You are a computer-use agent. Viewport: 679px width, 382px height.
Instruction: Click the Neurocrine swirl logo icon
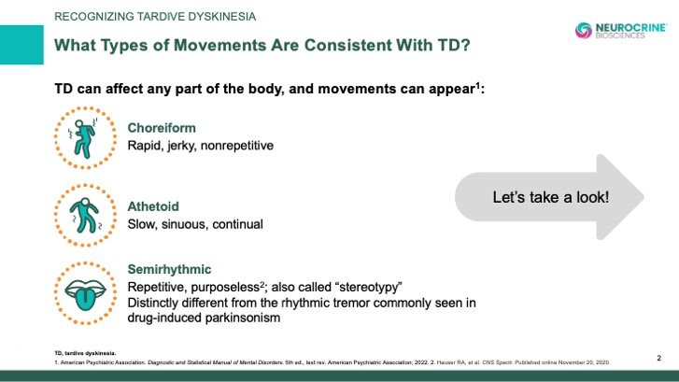click(x=584, y=30)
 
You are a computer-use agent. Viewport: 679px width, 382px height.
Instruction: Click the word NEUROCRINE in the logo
click(x=631, y=27)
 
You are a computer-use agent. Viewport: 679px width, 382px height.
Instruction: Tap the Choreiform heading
click(x=162, y=128)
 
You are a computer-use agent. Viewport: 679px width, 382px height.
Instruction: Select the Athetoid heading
click(x=153, y=206)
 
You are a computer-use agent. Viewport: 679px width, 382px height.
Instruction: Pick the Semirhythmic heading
click(x=169, y=269)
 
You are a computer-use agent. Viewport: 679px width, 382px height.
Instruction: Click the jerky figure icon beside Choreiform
click(x=85, y=138)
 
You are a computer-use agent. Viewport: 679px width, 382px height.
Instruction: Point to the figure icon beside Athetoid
click(x=85, y=215)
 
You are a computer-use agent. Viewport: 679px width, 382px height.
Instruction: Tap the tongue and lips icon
click(x=85, y=294)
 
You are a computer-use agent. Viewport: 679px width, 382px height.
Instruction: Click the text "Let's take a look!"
click(x=551, y=197)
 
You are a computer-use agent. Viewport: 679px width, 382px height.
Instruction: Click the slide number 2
click(x=658, y=358)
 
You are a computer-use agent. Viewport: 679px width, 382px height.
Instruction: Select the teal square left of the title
click(x=21, y=45)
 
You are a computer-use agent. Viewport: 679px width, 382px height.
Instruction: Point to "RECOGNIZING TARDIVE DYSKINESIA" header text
click(x=155, y=17)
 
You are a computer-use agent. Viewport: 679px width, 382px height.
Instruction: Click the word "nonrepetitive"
click(x=237, y=146)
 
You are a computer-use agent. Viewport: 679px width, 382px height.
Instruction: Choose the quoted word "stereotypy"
click(x=369, y=287)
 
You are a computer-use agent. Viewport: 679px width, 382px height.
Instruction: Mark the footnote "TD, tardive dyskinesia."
click(x=85, y=353)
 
